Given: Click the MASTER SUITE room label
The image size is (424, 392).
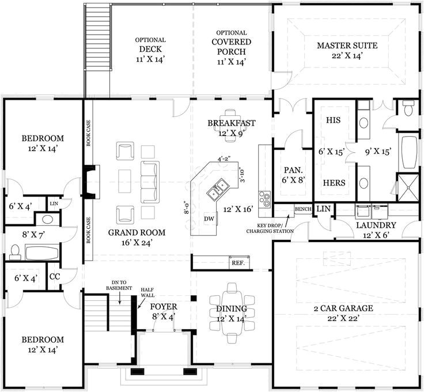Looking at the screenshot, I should tap(346, 50).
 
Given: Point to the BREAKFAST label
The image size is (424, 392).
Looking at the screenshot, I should tap(231, 128).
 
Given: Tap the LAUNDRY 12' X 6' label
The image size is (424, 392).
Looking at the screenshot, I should tap(376, 229).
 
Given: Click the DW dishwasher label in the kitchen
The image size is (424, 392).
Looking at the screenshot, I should tap(209, 219).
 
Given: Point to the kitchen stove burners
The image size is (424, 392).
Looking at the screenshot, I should tap(265, 199).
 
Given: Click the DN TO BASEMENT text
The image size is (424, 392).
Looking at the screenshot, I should tap(119, 285).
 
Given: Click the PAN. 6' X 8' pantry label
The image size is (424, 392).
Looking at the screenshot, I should tap(293, 175).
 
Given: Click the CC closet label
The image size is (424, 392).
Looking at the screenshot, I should tap(55, 277).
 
